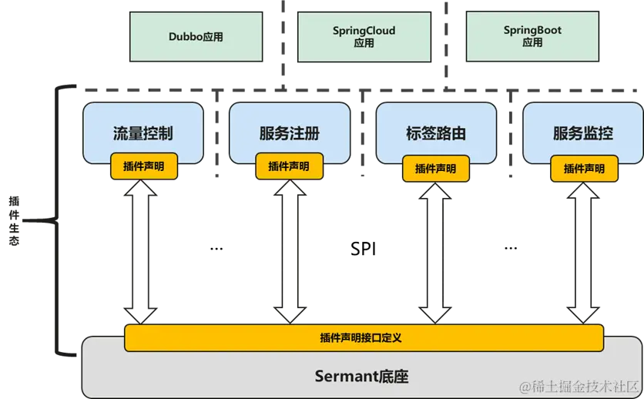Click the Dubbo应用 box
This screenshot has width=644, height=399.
196,36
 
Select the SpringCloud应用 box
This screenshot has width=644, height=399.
364,36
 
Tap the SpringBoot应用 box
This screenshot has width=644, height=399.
532,36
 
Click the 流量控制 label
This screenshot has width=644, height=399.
143,133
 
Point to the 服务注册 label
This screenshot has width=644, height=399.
290,133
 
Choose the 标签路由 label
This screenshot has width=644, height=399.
436,133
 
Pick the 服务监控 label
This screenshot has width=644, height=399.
583,133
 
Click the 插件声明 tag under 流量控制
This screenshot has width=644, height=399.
144,166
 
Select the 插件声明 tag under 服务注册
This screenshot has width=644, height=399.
289,166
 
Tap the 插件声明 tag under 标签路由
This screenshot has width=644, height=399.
435,169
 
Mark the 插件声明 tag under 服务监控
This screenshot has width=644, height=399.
584,169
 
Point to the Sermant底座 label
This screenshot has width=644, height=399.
361,377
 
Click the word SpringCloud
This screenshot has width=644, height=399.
364,31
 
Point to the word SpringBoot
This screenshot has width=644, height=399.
532,31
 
